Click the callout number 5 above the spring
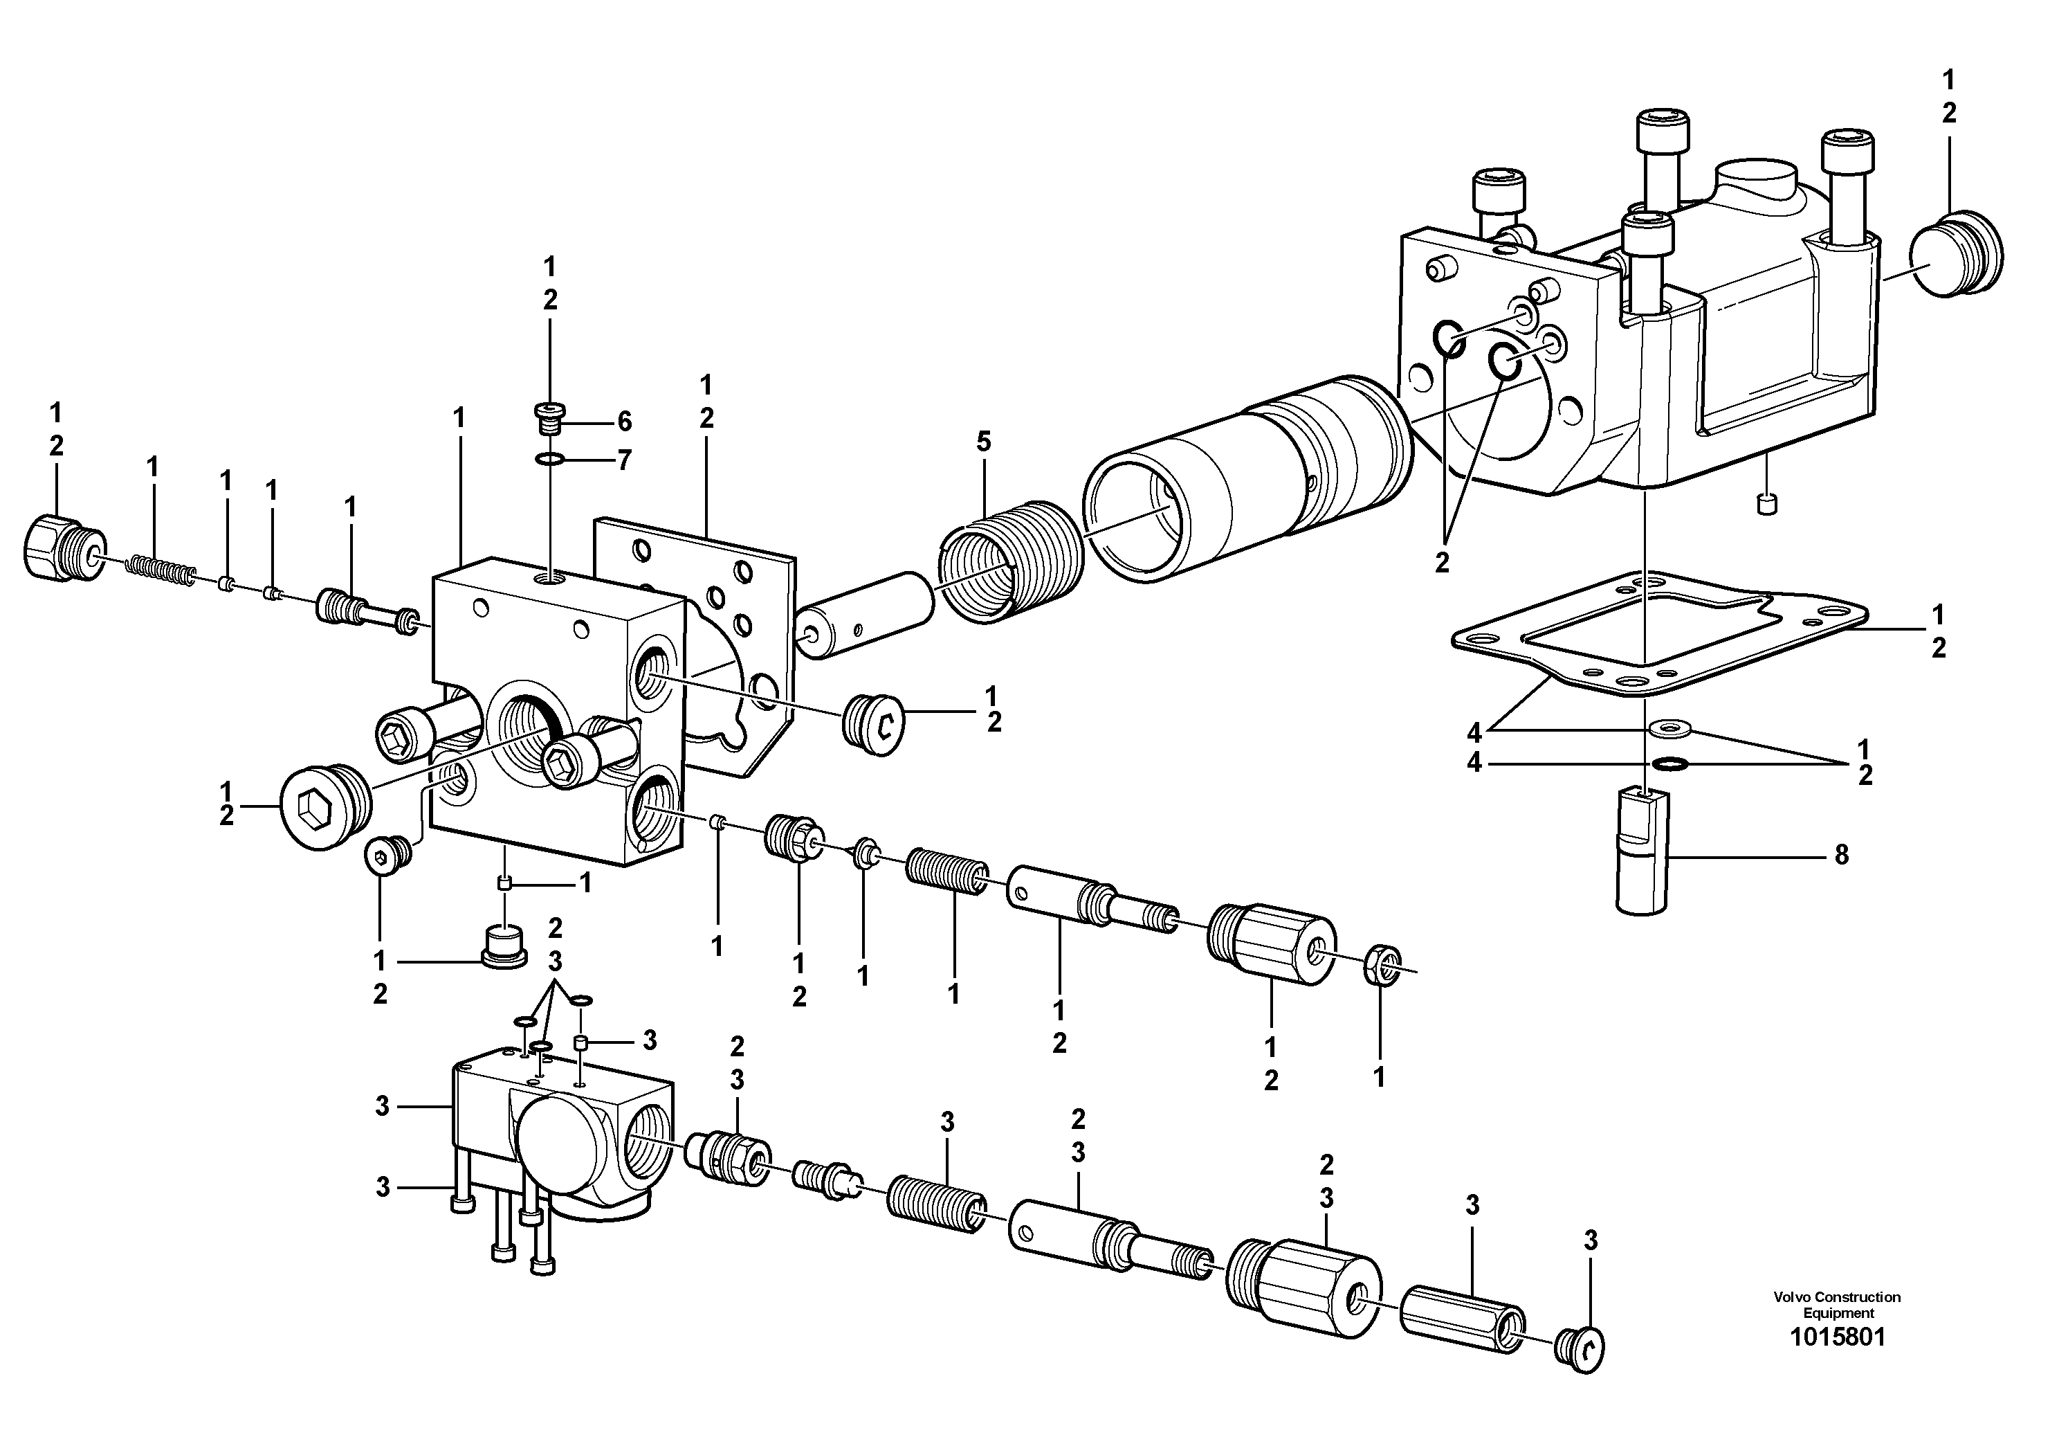[x=984, y=442]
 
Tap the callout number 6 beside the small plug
[x=624, y=422]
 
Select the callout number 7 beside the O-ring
[x=624, y=461]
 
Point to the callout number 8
[x=1841, y=855]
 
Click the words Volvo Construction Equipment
[x=1838, y=1305]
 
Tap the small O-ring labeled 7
[x=549, y=461]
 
